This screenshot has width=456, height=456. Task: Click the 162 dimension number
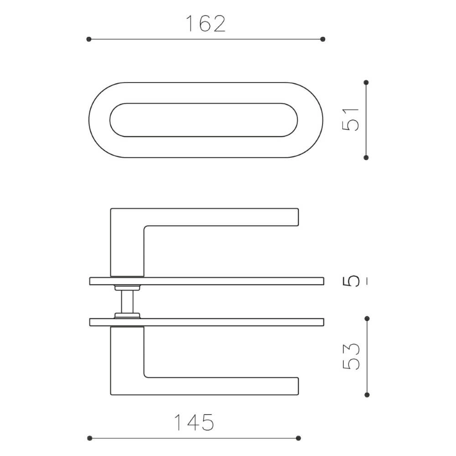point(205,24)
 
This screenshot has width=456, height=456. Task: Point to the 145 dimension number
point(194,423)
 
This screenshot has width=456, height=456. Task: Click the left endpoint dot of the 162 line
point(89,39)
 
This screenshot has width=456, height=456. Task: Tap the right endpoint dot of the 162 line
point(323,39)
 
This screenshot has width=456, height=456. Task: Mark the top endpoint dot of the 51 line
point(366,83)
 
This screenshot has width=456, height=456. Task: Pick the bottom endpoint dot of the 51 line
point(366,157)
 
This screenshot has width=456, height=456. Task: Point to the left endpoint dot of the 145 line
point(89,438)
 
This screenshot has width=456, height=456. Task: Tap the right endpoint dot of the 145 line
point(298,438)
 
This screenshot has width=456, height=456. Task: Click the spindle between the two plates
point(127,301)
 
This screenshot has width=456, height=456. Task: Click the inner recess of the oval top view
point(203,120)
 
